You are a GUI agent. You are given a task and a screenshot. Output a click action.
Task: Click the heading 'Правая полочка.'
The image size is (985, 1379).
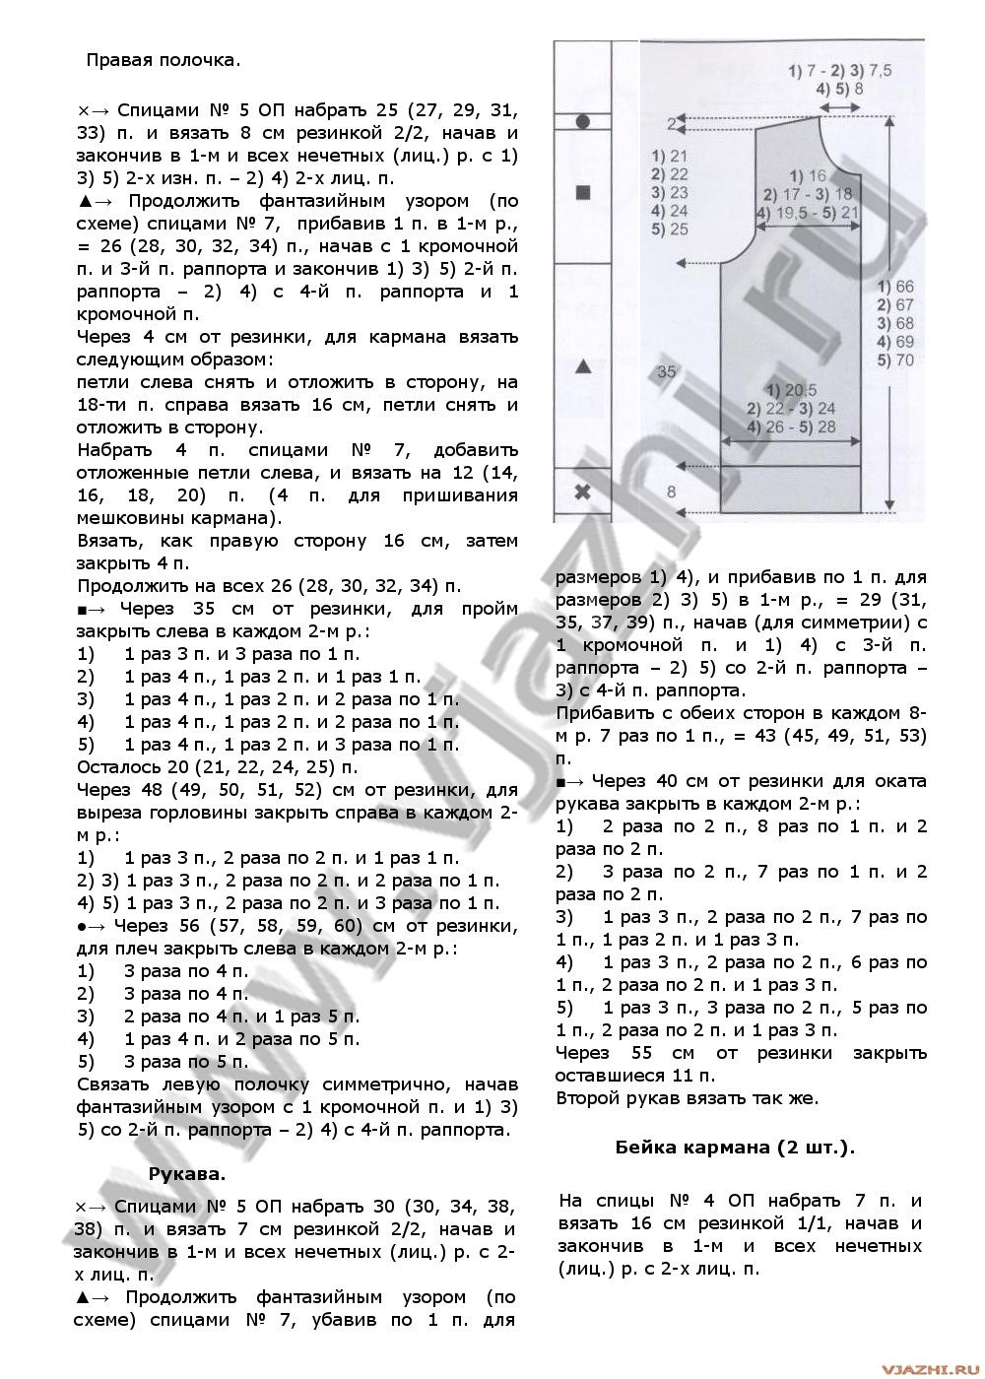pos(163,60)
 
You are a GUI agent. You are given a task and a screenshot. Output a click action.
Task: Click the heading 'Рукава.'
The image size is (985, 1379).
pos(187,1173)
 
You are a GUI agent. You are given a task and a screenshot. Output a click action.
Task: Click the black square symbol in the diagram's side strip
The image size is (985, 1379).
pos(582,192)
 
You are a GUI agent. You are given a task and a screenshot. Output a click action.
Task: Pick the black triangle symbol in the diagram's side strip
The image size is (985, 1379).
pos(582,366)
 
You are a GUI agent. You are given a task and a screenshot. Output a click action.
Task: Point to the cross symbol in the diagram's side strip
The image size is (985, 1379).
pos(582,492)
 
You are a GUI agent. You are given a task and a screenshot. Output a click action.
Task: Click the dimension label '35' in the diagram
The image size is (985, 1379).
pos(666,372)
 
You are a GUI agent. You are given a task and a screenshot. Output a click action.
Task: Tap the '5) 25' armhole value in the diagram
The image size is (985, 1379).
pos(670,230)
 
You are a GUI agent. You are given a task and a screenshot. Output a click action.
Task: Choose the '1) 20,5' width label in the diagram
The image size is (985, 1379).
pos(789,389)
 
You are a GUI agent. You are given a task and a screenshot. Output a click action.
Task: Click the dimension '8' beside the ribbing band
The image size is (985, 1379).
pos(672,491)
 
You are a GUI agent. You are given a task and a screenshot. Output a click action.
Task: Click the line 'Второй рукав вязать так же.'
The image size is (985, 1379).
pos(687,1097)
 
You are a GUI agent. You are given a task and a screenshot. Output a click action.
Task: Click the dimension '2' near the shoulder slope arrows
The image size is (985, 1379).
pos(671,123)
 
